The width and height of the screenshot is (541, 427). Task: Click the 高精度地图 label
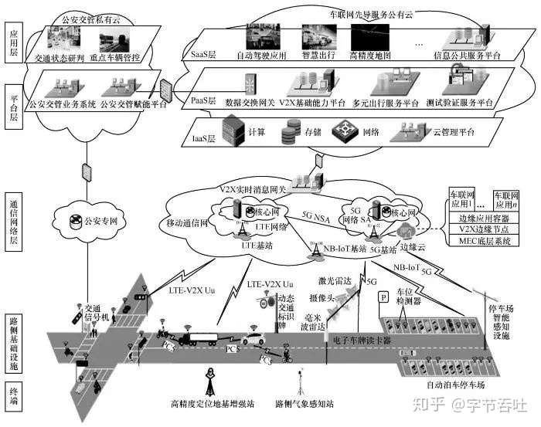click(373, 55)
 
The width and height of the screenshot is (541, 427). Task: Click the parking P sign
click(381, 297)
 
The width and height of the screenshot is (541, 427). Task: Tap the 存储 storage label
click(312, 133)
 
